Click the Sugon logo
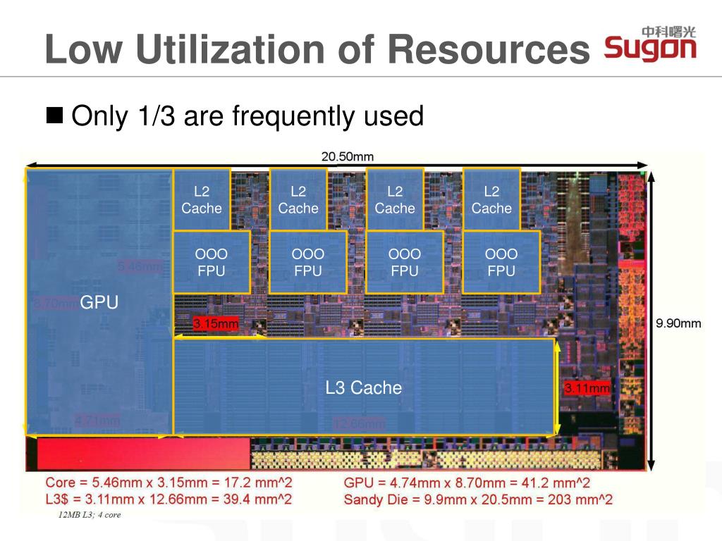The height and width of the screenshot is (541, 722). point(650,44)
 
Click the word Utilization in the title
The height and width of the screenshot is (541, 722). point(230,50)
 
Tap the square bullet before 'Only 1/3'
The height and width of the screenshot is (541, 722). point(54,114)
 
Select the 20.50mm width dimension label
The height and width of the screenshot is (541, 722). point(348,156)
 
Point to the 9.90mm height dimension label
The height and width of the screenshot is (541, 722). point(678,323)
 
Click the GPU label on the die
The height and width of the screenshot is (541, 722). point(99,303)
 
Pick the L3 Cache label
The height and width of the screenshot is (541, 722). point(363,387)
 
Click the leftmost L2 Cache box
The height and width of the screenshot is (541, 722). point(202,199)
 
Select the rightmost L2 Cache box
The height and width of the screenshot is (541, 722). point(491,199)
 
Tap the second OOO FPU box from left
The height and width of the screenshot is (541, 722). point(307,262)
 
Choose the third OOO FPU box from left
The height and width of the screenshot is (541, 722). point(405,262)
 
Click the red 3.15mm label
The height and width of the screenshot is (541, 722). point(216,324)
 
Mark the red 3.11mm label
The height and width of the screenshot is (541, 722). point(587,388)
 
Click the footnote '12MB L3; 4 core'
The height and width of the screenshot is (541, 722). point(90,515)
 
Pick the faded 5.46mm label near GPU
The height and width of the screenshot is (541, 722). point(139,266)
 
